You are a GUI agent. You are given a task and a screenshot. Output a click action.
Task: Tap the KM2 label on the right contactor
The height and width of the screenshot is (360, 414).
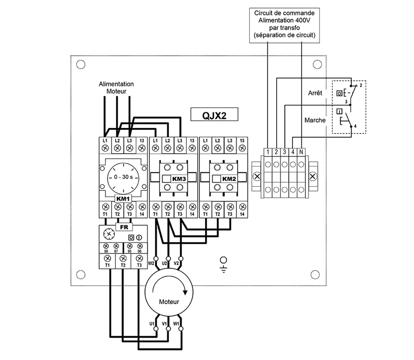pyautogui.click(x=229, y=179)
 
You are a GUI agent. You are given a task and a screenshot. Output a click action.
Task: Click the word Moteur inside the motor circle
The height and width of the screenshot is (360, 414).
pyautogui.click(x=169, y=302)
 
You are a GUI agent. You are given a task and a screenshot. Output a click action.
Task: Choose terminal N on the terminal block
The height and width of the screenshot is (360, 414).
pyautogui.click(x=302, y=152)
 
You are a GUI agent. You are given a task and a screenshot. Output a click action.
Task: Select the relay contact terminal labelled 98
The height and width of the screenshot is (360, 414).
pyautogui.click(x=106, y=251)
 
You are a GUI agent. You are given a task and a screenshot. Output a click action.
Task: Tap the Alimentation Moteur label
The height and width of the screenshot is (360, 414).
pyautogui.click(x=116, y=88)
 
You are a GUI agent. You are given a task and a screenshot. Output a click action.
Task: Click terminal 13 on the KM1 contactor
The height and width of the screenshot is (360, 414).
pyautogui.click(x=141, y=141)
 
